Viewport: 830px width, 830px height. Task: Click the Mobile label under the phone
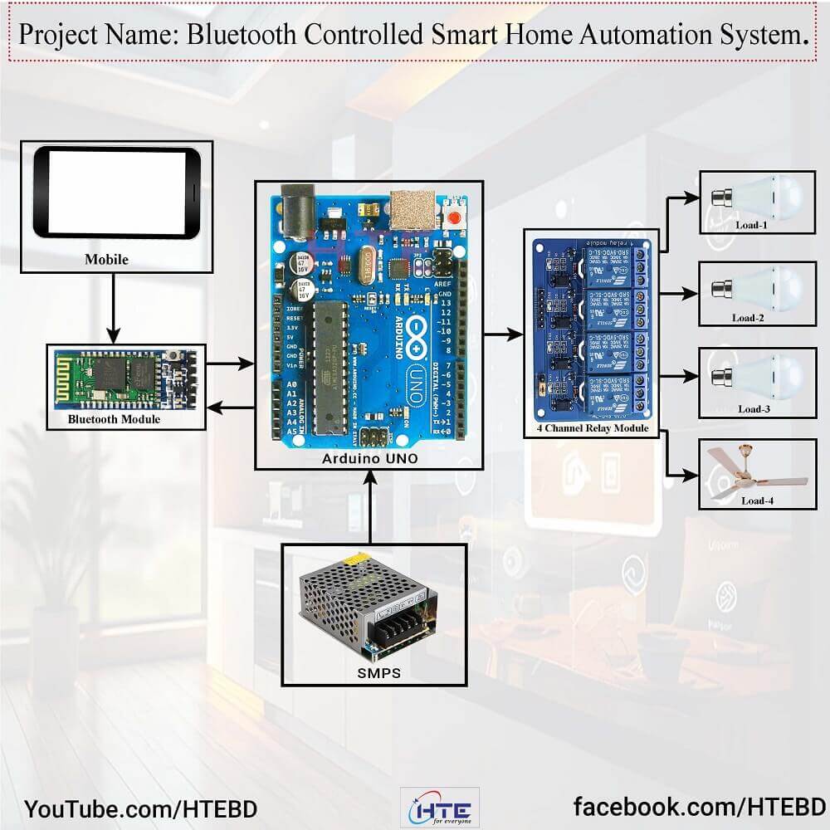pyautogui.click(x=106, y=260)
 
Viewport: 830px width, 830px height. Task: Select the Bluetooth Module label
pyautogui.click(x=115, y=420)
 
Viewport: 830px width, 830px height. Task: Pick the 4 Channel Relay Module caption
pyautogui.click(x=591, y=429)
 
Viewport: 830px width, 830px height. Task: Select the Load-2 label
pyautogui.click(x=749, y=317)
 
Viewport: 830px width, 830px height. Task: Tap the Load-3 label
pyautogui.click(x=754, y=408)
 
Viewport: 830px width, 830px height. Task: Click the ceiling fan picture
pyautogui.click(x=753, y=474)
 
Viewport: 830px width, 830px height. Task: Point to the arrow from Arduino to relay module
pyautogui.click(x=503, y=335)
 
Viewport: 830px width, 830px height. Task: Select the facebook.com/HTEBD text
pyautogui.click(x=700, y=807)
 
